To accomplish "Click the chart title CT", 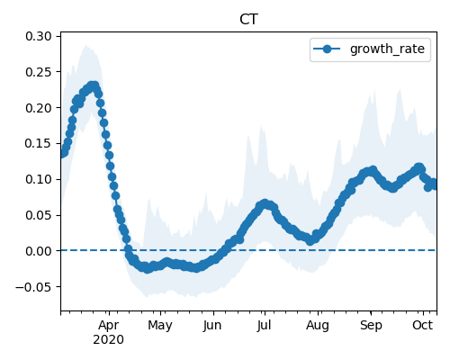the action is (248, 20).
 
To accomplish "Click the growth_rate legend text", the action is (387, 49).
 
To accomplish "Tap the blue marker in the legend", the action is (327, 49).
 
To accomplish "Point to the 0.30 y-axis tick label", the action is (39, 36).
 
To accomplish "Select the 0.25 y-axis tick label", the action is (39, 72).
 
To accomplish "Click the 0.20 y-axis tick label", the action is (39, 108).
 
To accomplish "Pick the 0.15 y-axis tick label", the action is (39, 143).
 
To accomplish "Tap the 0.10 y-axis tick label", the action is (39, 179).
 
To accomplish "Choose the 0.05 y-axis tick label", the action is (39, 215).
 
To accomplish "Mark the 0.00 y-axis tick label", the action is (39, 251).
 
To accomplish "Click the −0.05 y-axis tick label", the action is (34, 287).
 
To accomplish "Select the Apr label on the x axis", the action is (109, 326).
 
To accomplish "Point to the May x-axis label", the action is (160, 326).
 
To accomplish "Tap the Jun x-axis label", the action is (212, 326).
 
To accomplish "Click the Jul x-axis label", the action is (264, 326).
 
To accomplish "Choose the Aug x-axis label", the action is (318, 326).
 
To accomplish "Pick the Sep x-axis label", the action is (371, 326).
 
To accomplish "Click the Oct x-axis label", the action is (423, 326).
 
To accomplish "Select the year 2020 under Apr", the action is (108, 340).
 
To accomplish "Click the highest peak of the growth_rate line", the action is (94, 86).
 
